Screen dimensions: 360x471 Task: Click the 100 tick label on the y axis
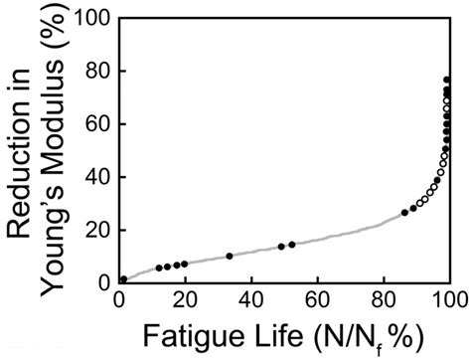click(92, 17)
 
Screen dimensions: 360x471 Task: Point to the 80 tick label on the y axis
click(96, 71)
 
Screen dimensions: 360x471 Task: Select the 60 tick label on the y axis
click(96, 123)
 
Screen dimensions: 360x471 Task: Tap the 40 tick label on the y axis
click(96, 177)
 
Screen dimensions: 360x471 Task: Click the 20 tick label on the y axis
click(96, 230)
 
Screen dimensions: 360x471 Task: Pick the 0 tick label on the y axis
click(102, 283)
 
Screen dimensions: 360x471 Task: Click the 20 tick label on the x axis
click(185, 301)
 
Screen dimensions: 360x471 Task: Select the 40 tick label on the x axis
click(251, 301)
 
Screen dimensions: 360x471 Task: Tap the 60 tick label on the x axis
click(317, 301)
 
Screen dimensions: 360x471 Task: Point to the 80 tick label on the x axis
click(384, 301)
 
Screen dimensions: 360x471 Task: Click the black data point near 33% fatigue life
click(230, 257)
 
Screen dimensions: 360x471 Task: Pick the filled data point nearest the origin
click(123, 280)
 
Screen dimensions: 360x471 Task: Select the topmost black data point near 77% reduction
click(447, 80)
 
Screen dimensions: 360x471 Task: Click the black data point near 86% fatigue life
click(404, 213)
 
